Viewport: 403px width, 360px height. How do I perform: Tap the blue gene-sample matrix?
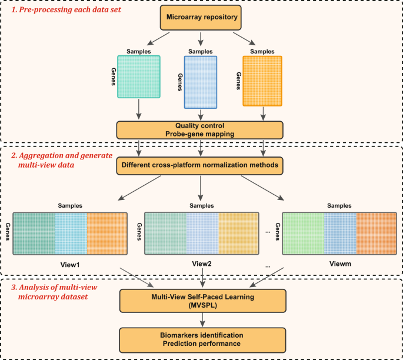coord(201,82)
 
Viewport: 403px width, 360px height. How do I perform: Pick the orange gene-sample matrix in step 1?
coord(262,81)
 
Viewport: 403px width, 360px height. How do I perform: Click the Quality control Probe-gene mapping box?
coord(201,130)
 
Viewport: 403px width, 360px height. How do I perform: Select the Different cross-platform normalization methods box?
coord(201,165)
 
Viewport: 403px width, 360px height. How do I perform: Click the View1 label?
coord(69,264)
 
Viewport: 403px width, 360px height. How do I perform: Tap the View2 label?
coord(202,264)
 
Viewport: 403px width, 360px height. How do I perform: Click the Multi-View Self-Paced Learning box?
coord(202,301)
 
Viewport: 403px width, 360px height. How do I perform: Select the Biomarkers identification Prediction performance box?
coord(202,339)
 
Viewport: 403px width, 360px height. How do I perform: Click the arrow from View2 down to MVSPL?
coord(202,276)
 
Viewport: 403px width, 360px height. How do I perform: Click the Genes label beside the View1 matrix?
coord(7,233)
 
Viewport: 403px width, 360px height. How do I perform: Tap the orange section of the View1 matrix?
coord(106,233)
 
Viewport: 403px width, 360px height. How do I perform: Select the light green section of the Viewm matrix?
coord(303,233)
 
